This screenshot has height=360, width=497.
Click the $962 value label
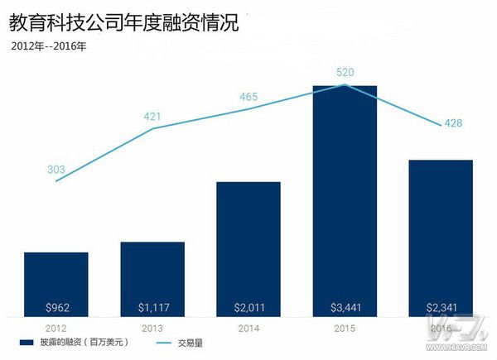[x=55, y=308]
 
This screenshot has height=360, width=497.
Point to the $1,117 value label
[x=152, y=308]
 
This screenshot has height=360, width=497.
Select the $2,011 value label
[x=248, y=308]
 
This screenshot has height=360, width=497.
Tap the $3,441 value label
[x=345, y=308]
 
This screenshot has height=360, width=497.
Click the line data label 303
[x=56, y=170]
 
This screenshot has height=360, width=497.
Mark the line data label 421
[x=152, y=117]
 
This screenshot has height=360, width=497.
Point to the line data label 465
[x=248, y=97]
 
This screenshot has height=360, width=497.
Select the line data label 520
[x=345, y=73]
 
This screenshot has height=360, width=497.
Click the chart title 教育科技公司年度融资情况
[x=123, y=23]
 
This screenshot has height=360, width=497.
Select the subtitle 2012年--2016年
[x=49, y=46]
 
